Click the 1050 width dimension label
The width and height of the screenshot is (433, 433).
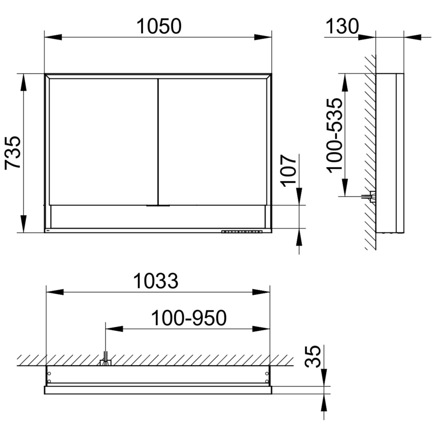pyautogui.click(x=159, y=26)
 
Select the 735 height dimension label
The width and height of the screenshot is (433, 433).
pyautogui.click(x=13, y=152)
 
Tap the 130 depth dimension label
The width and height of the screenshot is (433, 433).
pyautogui.click(x=342, y=26)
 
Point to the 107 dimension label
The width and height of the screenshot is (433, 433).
pyautogui.click(x=288, y=171)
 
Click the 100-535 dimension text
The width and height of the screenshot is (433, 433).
pyautogui.click(x=335, y=136)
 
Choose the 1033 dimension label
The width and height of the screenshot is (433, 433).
pyautogui.click(x=156, y=281)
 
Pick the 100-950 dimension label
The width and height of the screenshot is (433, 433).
pyautogui.click(x=189, y=318)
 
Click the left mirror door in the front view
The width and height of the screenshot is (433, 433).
pyautogui.click(x=103, y=142)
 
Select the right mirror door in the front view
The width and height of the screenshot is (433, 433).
pyautogui.click(x=212, y=142)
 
